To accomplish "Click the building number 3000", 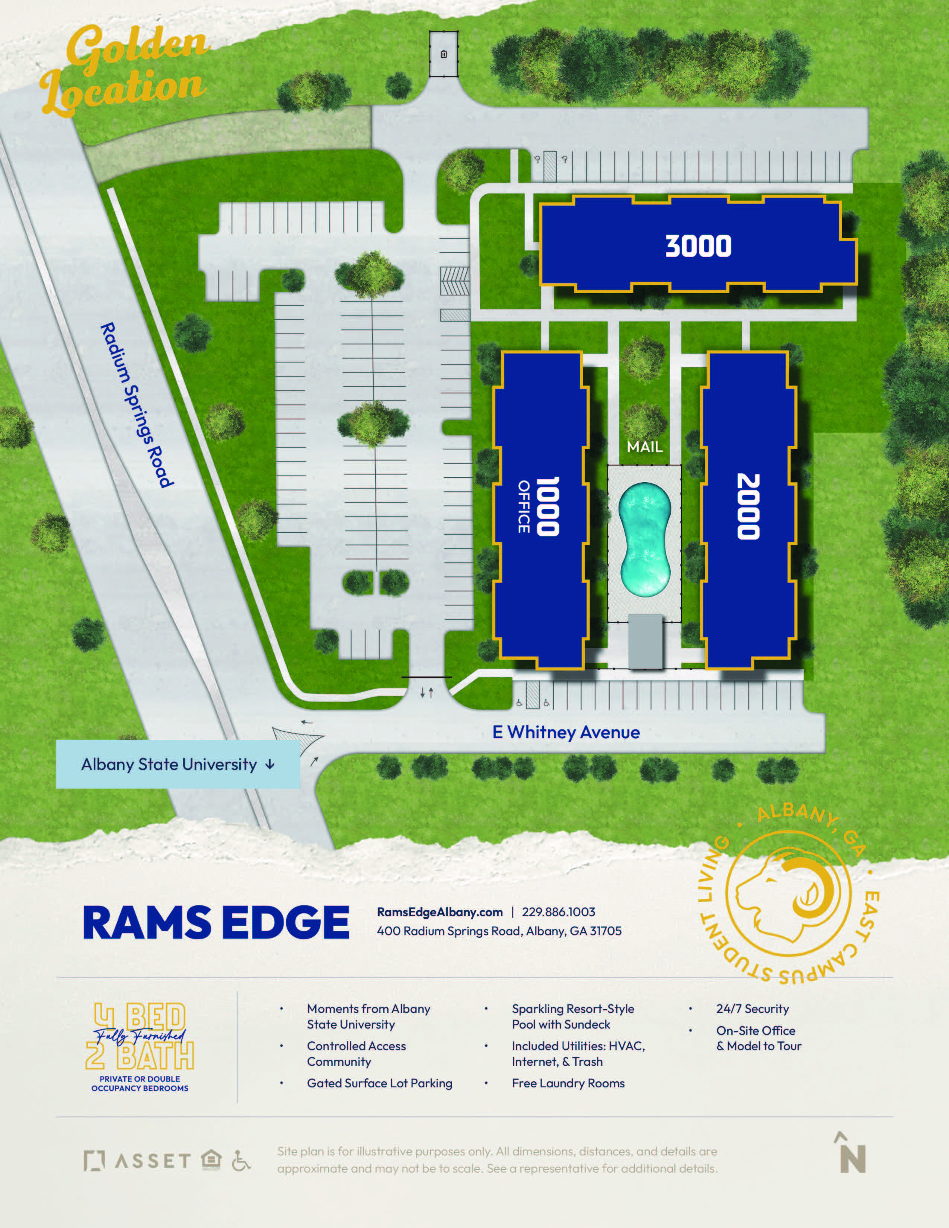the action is tap(698, 246).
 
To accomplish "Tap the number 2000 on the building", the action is tap(748, 506).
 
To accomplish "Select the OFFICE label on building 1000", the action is tap(523, 506).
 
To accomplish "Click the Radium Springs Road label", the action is tap(137, 405).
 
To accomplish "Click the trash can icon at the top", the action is tap(444, 55).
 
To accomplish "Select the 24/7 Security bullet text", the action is tap(752, 1009).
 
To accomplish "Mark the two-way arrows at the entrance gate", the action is tap(427, 693).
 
